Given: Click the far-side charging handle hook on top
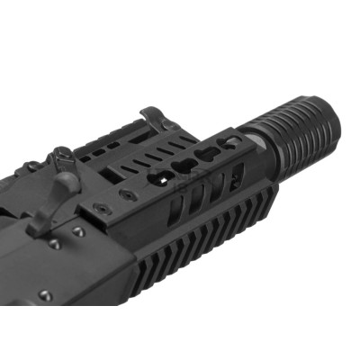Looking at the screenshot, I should click(x=154, y=118).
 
